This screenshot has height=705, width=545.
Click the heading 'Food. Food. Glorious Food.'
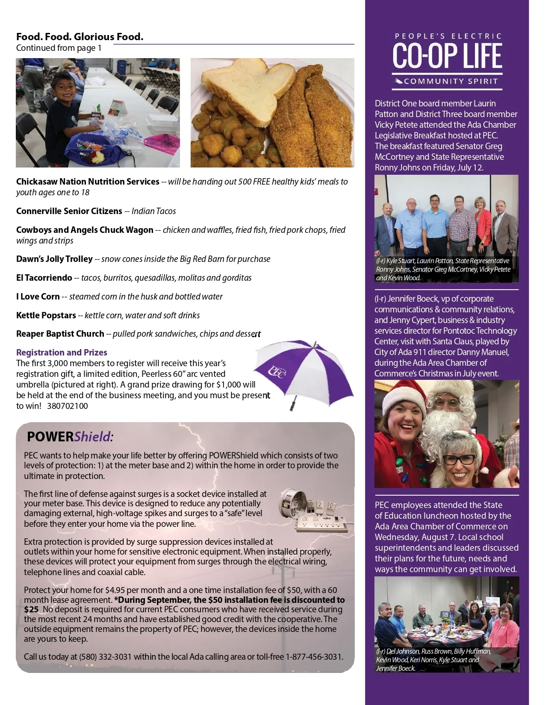80,37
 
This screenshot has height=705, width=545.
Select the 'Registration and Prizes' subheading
62,352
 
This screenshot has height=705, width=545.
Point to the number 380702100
68,406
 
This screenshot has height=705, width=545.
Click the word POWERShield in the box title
69,437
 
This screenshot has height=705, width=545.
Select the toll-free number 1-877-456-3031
314,657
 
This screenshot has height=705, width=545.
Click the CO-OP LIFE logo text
447,56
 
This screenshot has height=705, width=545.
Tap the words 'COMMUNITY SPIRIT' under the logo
451,81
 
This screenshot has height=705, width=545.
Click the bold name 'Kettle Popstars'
46,315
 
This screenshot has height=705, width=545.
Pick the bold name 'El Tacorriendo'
44,278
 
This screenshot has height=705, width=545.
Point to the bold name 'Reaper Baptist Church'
60,334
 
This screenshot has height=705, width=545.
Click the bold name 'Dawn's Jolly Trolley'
54,259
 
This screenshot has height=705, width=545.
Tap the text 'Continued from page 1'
59,48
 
